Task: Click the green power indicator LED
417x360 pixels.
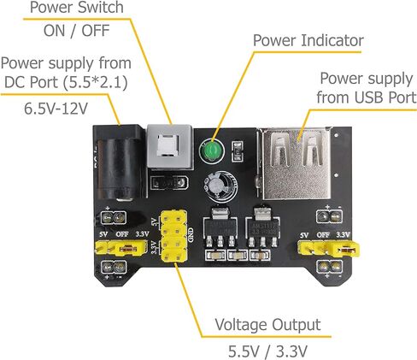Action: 212,151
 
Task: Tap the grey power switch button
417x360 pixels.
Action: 168,146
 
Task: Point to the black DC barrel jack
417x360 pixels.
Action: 120,162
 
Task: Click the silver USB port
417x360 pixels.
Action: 297,164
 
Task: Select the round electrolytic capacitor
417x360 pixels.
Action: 220,186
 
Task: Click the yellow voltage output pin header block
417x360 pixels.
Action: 174,236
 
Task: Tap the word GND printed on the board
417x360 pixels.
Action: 191,235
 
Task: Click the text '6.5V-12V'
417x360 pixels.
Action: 56,109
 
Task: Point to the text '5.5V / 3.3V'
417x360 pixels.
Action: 267,351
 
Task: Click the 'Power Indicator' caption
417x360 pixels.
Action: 308,40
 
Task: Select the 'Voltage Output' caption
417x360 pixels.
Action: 267,325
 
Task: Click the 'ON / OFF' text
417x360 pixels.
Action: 77,31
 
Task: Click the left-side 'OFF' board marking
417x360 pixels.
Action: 122,234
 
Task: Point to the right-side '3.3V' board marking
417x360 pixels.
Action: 343,235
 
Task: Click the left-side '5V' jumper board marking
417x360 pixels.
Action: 103,234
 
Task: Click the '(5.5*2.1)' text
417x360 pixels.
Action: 95,82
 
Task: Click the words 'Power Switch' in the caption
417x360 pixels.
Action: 77,7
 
